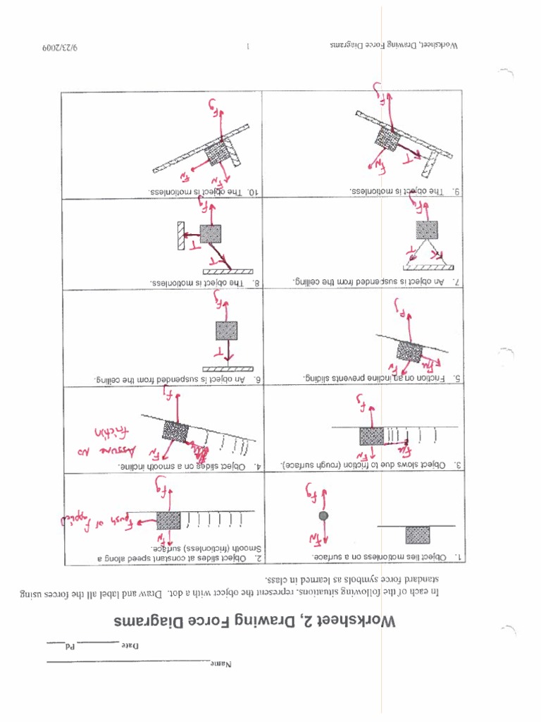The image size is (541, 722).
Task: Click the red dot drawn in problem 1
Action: [323, 516]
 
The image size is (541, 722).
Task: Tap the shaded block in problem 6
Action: [226, 330]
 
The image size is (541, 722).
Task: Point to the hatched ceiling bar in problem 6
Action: [227, 369]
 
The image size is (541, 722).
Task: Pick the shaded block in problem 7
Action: [426, 230]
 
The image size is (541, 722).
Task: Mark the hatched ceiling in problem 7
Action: [428, 267]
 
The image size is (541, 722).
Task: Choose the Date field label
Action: [131, 646]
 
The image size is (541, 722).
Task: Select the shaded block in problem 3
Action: [371, 436]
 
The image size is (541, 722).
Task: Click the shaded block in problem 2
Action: [168, 521]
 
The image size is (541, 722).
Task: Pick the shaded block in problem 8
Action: [210, 234]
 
